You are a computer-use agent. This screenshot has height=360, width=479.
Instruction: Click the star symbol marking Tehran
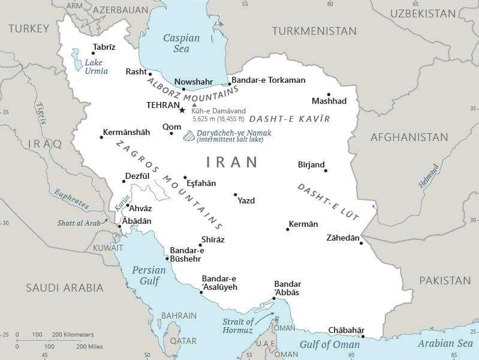(182, 110)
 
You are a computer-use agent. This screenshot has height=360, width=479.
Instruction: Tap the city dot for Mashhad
(329, 94)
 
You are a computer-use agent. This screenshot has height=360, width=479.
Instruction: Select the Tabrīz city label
(104, 47)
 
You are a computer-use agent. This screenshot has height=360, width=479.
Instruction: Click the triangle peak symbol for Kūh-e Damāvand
(194, 104)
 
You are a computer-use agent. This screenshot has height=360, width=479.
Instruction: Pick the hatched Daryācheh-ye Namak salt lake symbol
(189, 136)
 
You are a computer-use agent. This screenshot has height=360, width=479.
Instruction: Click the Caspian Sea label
(181, 43)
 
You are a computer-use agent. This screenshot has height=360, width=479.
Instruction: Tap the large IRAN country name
(232, 162)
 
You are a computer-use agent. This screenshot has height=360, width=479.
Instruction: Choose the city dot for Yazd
(236, 194)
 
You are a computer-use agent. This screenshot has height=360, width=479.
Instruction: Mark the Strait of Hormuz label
(237, 326)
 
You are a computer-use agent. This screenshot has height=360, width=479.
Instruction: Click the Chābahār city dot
(363, 337)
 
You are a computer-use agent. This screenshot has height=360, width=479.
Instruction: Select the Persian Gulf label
(149, 275)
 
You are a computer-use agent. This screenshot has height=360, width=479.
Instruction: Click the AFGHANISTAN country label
(409, 137)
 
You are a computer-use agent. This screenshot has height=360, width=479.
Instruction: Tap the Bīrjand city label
(311, 164)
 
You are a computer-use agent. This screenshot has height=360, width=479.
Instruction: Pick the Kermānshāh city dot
(101, 137)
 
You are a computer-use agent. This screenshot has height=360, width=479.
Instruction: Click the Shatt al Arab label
(79, 223)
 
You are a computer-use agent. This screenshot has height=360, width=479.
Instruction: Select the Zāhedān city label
(343, 238)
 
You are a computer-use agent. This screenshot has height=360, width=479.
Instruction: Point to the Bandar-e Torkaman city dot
(230, 85)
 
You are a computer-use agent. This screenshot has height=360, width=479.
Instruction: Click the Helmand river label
(429, 176)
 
